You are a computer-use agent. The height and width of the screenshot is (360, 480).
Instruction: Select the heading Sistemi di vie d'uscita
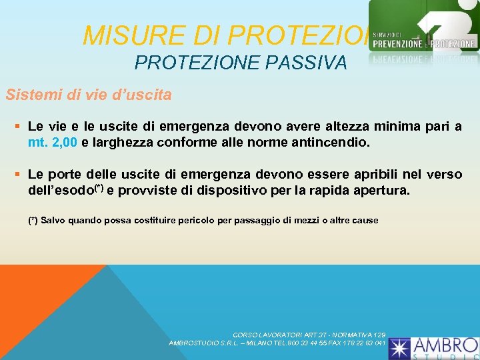click(x=89, y=95)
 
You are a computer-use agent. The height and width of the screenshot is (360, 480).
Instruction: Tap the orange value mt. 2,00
click(x=53, y=141)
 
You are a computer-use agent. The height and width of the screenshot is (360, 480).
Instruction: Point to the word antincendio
click(x=330, y=141)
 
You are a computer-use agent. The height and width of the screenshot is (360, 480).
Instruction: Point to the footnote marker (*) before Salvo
click(x=33, y=220)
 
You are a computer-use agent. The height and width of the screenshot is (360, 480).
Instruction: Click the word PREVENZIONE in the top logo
click(x=398, y=44)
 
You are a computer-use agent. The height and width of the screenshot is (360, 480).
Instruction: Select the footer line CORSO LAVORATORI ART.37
click(x=309, y=335)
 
